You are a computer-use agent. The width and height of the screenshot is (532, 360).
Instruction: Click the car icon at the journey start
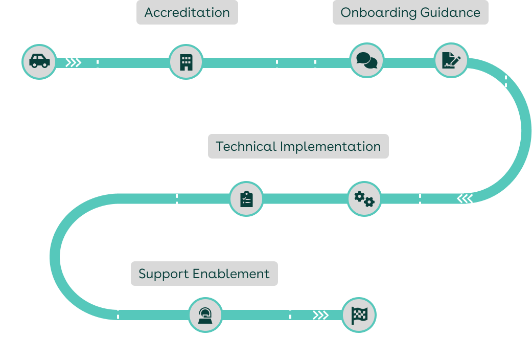pos(39,61)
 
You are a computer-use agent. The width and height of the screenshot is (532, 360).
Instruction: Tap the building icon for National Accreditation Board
pos(186,62)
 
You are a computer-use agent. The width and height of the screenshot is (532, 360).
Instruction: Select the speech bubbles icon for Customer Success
pos(367,61)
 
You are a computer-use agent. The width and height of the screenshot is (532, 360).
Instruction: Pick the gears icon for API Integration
pos(364,199)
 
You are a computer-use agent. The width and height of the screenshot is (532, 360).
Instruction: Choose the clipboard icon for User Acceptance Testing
pos(246,199)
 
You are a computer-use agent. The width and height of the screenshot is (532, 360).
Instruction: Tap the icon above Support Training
pos(205,315)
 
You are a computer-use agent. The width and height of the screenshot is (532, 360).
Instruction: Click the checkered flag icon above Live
pos(358,315)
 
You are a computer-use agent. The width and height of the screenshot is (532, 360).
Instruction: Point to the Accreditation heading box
pos(187,13)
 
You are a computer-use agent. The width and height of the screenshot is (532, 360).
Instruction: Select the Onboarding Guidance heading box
pos(410,13)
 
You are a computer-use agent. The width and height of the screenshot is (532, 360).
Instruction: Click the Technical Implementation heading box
pos(298,146)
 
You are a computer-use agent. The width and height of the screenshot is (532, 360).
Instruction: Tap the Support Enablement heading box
pos(204,274)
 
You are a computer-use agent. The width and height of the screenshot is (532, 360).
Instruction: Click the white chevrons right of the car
pos(74,62)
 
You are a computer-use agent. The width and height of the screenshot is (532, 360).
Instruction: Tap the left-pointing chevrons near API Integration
pos(465,198)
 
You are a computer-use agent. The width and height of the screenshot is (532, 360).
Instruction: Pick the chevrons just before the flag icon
pos(320,315)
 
